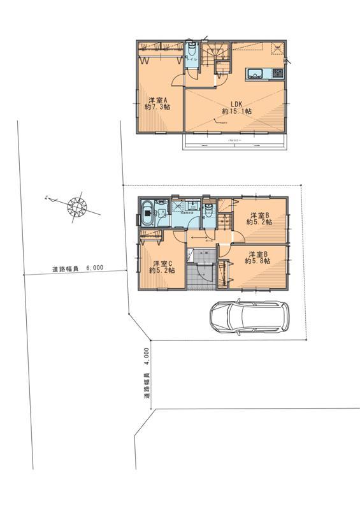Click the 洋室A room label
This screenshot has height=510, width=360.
(157, 100)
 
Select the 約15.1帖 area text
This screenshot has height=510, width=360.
(236, 111)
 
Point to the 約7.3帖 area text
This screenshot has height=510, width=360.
(157, 108)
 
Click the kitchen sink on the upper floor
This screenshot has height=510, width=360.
(255, 73)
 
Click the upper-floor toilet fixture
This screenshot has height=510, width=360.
(191, 52)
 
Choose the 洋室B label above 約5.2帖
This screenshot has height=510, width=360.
(259, 215)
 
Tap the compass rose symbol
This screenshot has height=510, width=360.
(76, 205)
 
